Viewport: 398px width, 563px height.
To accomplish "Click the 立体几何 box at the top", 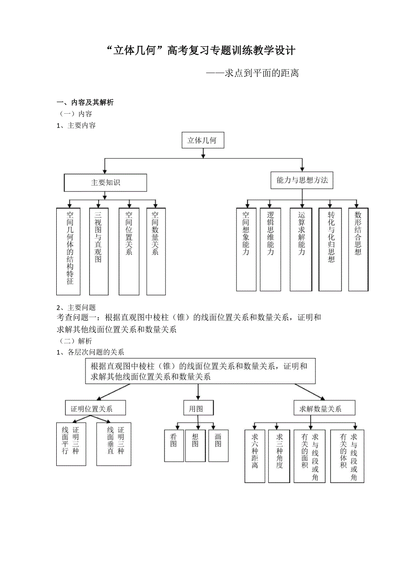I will pos(202,140).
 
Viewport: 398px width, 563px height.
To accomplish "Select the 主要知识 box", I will pos(106,182).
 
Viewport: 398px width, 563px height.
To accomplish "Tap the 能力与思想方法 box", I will pos(302,180).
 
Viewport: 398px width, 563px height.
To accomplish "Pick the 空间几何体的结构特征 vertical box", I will pos(68,251).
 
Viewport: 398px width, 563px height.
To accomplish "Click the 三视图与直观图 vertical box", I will pos(99,251).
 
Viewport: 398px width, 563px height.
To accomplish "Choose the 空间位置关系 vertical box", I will pos(129,251).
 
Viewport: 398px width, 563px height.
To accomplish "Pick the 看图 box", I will pos(173,445).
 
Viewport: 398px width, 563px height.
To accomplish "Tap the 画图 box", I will pos(218,445).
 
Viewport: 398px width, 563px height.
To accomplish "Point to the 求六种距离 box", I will pos(255,456).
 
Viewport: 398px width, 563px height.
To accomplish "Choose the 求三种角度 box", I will pos(279,456).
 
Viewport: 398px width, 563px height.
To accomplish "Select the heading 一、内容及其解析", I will pos(85,102).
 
